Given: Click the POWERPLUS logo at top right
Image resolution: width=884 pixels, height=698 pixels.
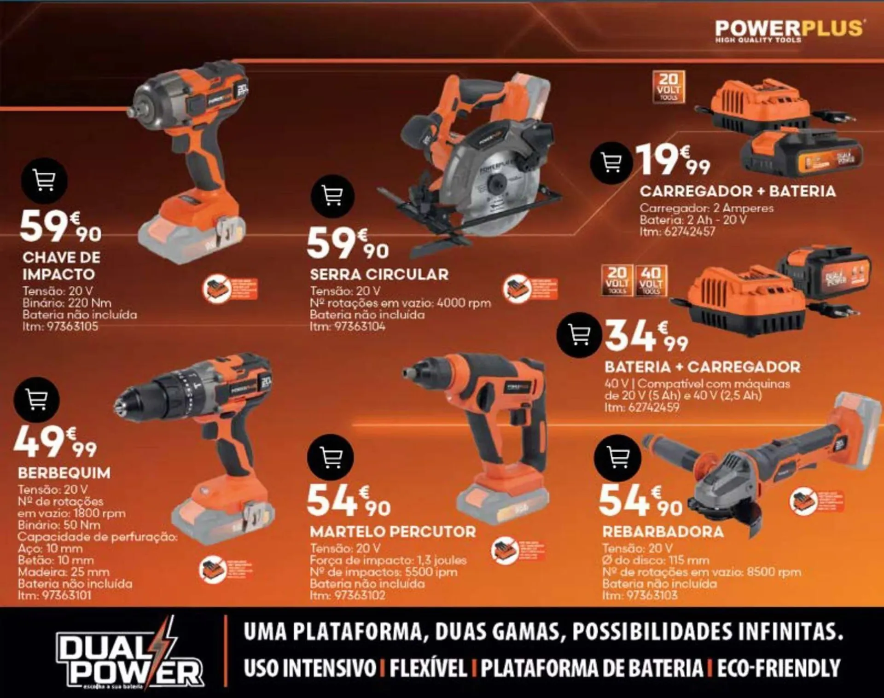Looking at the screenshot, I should tap(789, 30).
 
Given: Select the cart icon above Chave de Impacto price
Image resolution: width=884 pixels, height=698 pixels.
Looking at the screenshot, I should tap(44, 180).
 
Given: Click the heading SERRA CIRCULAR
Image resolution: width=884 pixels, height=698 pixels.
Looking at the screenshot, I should tap(379, 274).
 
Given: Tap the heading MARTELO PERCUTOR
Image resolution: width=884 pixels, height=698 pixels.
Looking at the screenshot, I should tap(393, 532).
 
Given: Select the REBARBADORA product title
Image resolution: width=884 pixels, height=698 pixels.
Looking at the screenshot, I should tap(663, 532).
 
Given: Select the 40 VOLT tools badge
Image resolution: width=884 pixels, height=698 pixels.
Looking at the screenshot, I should tap(651, 280).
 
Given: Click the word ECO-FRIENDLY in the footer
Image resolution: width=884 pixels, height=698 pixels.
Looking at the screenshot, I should tap(779, 668).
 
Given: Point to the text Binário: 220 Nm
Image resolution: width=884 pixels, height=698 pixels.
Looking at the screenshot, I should tap(67, 303).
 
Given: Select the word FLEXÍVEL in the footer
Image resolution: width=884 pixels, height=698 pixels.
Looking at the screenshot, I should tap(428, 668).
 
